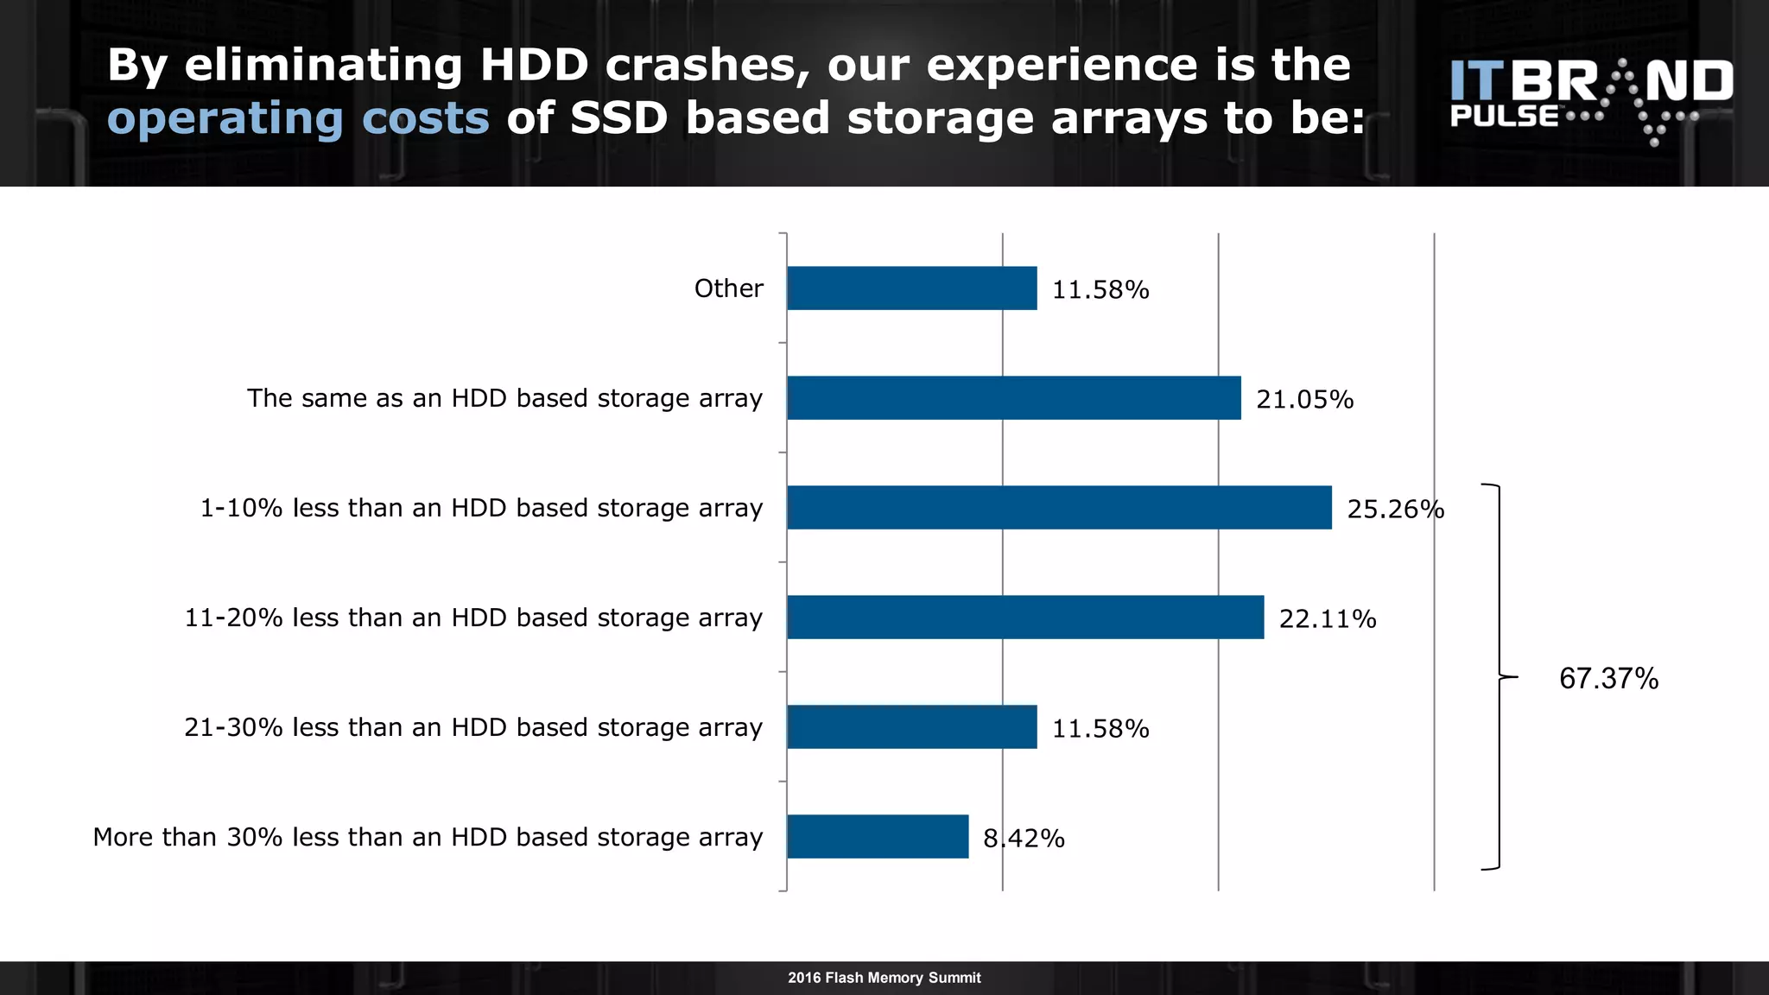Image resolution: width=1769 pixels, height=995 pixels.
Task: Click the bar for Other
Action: pyautogui.click(x=911, y=288)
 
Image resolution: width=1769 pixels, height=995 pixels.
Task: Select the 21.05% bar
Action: pyautogui.click(x=1013, y=398)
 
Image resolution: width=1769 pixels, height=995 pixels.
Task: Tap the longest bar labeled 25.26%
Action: pyautogui.click(x=1059, y=508)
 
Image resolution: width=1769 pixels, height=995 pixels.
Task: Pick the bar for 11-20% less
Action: pyautogui.click(x=1025, y=618)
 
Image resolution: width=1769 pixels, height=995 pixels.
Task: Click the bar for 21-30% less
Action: pyautogui.click(x=911, y=727)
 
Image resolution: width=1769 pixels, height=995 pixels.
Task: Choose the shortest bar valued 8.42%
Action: pyautogui.click(x=878, y=837)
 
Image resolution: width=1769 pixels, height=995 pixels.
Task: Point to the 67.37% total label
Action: pyautogui.click(x=1608, y=679)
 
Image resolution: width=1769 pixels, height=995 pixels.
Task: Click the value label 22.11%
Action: pyautogui.click(x=1328, y=619)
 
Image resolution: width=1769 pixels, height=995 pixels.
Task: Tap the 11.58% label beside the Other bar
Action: pyautogui.click(x=1100, y=290)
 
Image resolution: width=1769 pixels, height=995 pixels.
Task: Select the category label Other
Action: pyautogui.click(x=728, y=288)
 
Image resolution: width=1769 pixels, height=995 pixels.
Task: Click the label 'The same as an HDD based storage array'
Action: pyautogui.click(x=504, y=398)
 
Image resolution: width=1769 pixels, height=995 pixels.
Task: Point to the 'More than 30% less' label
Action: pyautogui.click(x=428, y=837)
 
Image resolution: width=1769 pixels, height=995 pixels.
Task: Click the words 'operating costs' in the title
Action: pyautogui.click(x=298, y=118)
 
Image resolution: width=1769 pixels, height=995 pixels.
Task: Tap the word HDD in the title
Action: pyautogui.click(x=534, y=65)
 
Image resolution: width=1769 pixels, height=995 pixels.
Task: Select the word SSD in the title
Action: pyautogui.click(x=618, y=118)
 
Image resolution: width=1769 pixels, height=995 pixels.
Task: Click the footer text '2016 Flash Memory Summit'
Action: pyautogui.click(x=884, y=978)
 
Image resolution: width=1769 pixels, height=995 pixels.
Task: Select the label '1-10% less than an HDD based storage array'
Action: pyautogui.click(x=481, y=508)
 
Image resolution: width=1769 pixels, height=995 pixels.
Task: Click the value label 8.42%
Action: pyautogui.click(x=1024, y=839)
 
